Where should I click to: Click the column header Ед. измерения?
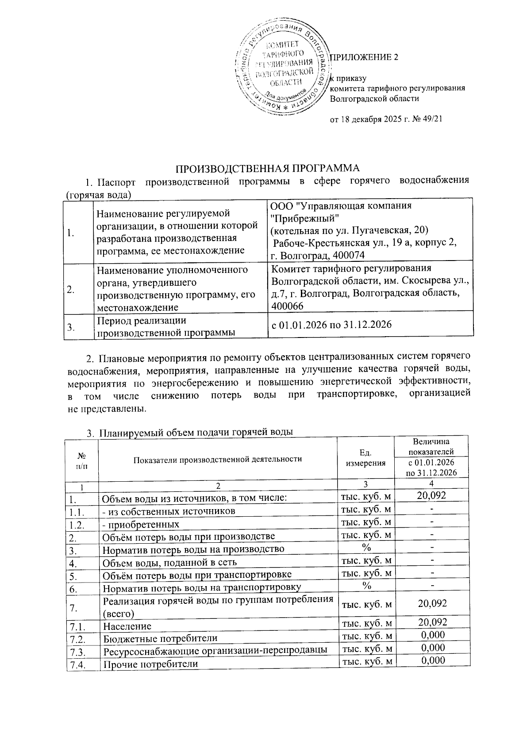point(365,458)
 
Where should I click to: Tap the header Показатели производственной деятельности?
point(217,459)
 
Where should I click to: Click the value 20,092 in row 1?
point(431,495)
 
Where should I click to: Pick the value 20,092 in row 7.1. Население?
point(432,622)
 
